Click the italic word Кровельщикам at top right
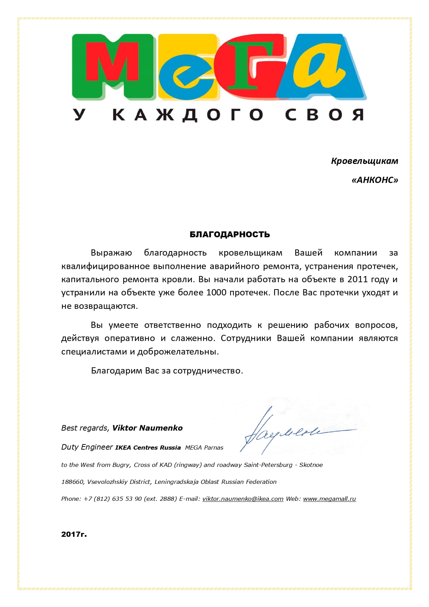[x=364, y=161]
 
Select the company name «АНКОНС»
[x=375, y=180]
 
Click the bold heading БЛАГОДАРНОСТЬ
[x=230, y=234]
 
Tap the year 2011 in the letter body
[x=358, y=279]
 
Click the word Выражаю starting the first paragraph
[x=111, y=253]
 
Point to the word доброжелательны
[x=178, y=352]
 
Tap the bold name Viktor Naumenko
[x=147, y=428]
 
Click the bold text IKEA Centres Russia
[x=148, y=448]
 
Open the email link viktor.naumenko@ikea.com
[x=243, y=499]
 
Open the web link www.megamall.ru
[x=329, y=499]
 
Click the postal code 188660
[x=73, y=482]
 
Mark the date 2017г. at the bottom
[x=74, y=534]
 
